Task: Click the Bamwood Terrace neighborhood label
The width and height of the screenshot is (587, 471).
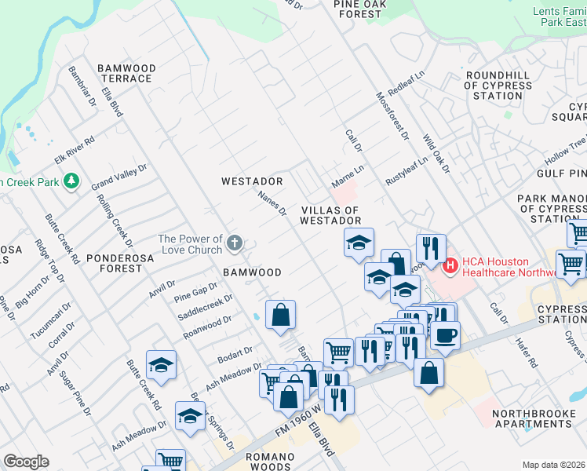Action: click(x=126, y=74)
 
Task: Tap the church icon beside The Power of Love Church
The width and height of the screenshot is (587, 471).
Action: click(x=234, y=244)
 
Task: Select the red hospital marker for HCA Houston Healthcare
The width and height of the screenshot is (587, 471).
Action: click(x=450, y=267)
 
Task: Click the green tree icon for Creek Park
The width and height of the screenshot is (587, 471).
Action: click(x=71, y=182)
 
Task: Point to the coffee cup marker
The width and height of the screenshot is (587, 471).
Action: click(x=446, y=334)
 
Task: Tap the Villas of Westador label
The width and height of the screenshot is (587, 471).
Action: click(x=330, y=216)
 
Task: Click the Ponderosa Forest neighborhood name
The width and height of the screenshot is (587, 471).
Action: click(x=115, y=262)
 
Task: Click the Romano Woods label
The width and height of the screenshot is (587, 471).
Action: click(x=257, y=461)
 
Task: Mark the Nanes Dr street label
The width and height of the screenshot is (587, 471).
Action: click(x=273, y=199)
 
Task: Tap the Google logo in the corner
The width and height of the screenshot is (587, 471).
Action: click(x=26, y=462)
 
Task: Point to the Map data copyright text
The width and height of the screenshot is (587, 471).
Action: click(x=553, y=465)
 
